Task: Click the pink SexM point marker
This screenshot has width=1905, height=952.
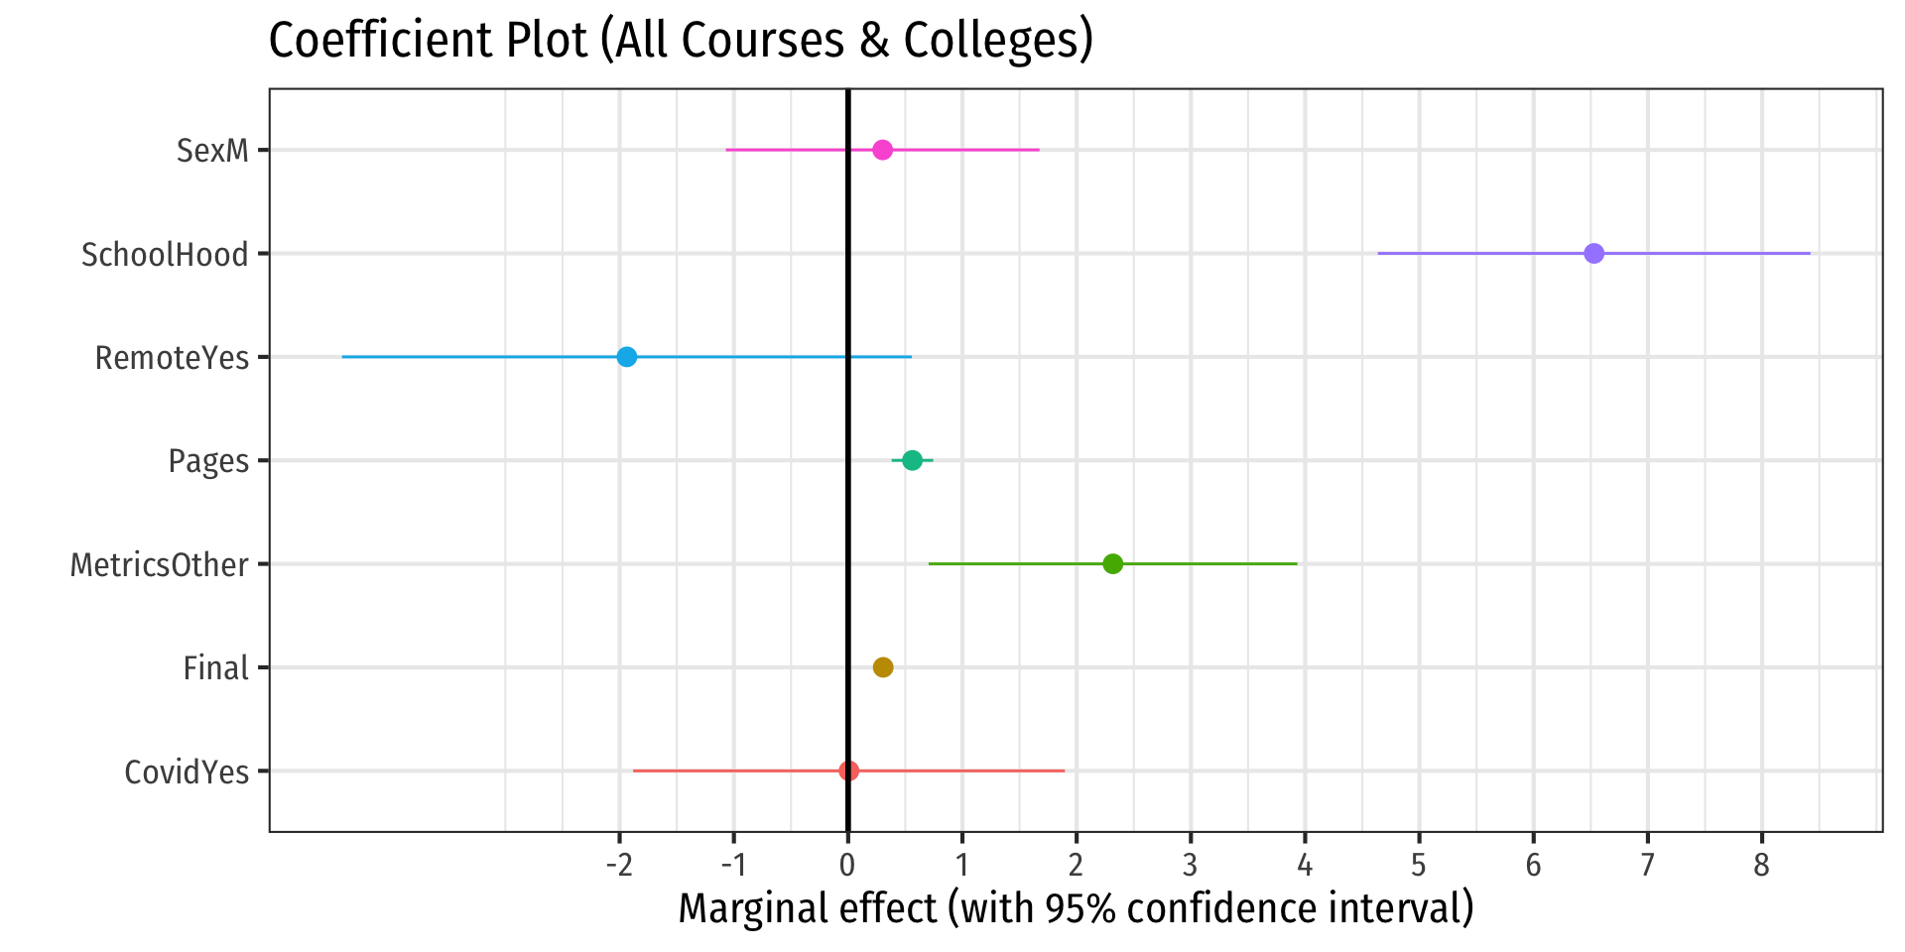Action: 882,151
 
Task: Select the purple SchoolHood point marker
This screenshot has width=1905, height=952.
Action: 1593,254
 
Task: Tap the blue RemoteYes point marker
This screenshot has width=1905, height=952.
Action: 626,357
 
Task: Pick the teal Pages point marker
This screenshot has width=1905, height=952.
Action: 912,460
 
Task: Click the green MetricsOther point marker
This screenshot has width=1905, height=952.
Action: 1112,564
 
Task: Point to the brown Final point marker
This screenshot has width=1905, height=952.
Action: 882,667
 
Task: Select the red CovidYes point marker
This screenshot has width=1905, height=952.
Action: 848,771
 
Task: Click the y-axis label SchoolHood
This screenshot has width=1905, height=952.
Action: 165,255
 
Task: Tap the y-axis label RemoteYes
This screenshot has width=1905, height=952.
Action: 172,358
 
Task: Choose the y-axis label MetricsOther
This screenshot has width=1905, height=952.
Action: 159,565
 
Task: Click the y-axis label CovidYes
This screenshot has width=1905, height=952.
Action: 187,772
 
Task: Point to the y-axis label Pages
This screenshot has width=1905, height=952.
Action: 208,461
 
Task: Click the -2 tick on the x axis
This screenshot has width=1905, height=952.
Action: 618,866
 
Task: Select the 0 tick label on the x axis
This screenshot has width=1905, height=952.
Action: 847,866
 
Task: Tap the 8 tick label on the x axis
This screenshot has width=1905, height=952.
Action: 1761,866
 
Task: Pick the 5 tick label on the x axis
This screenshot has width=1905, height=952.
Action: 1419,866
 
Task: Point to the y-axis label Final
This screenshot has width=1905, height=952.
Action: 215,668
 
